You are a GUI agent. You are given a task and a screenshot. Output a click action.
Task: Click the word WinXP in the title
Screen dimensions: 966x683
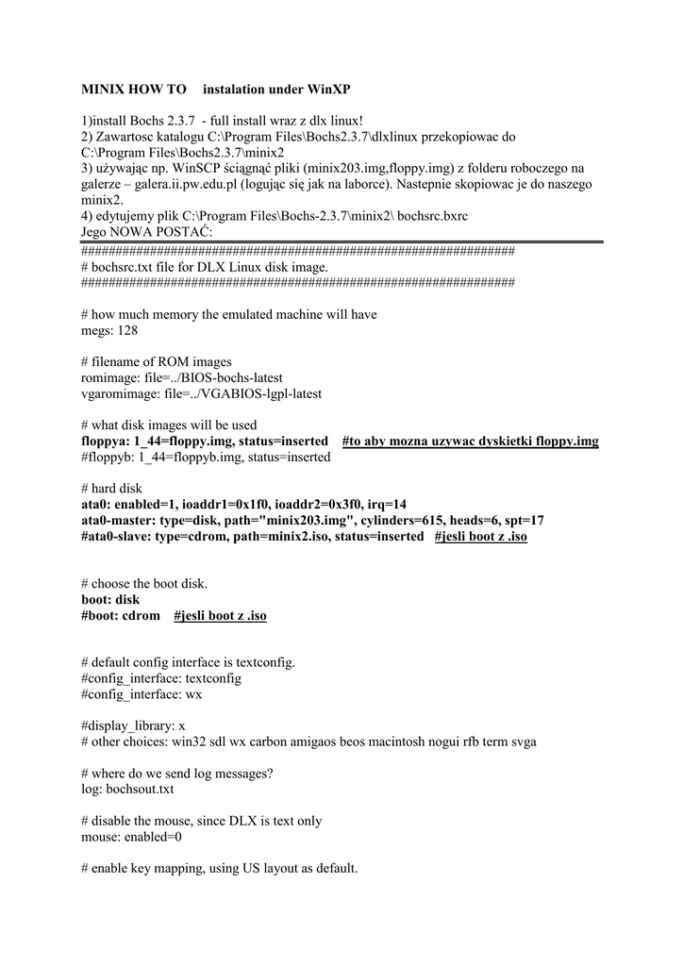(x=329, y=90)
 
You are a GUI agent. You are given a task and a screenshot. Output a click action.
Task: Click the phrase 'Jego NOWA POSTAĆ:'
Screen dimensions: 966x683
(x=147, y=232)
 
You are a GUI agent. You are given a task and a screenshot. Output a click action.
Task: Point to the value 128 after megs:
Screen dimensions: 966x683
(x=127, y=331)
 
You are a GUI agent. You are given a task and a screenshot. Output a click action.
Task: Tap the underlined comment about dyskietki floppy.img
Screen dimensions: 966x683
(x=470, y=441)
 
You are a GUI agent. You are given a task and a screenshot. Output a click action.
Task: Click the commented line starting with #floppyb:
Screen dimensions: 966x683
(x=206, y=458)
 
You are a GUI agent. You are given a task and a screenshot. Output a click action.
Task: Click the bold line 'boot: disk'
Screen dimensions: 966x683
(x=110, y=600)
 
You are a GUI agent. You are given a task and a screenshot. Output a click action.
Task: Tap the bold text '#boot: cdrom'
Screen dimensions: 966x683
(x=121, y=616)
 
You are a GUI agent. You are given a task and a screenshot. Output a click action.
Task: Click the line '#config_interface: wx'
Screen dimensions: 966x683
(x=142, y=694)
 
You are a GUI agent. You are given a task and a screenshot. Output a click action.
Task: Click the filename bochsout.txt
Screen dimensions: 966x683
(x=140, y=789)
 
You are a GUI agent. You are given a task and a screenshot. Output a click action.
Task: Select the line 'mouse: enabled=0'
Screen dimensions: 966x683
(x=132, y=836)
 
